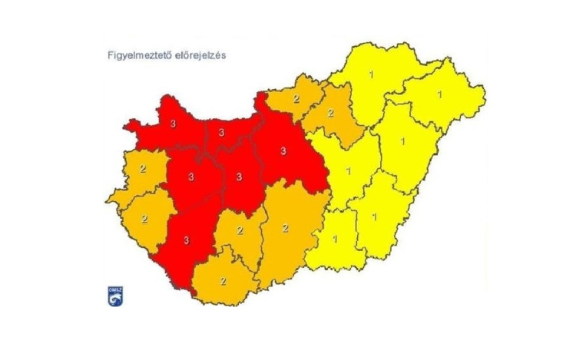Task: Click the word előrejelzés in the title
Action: [201, 56]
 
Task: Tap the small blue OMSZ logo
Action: [114, 296]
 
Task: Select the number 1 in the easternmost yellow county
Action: [439, 94]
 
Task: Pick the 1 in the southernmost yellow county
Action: [336, 238]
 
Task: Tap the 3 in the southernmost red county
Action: [187, 240]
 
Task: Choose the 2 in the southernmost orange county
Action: [223, 280]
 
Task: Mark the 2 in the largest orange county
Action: [285, 227]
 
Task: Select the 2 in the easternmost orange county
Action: [331, 113]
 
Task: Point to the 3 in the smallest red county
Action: [221, 133]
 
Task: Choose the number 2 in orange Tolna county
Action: [240, 230]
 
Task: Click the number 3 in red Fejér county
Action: [240, 177]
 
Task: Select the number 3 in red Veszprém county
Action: [188, 176]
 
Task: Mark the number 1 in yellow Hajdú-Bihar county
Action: [402, 141]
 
